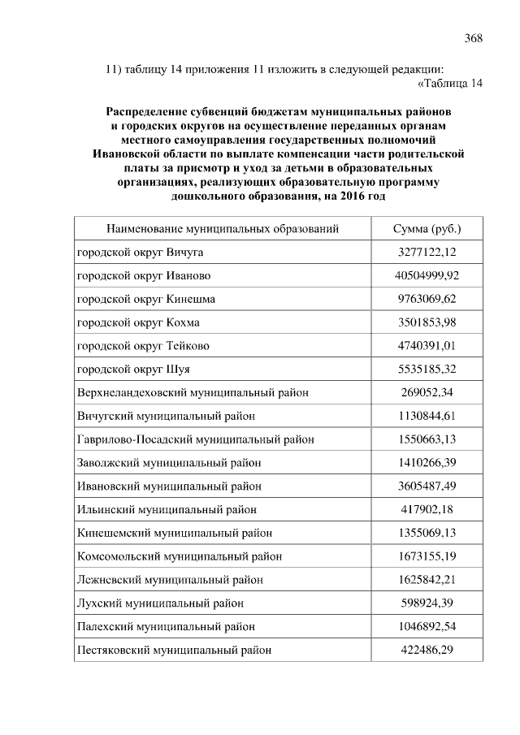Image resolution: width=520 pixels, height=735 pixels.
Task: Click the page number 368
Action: [474, 37]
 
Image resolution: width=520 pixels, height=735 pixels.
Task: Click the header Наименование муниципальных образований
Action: [222, 229]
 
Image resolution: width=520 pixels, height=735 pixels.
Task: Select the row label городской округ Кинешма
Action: [145, 300]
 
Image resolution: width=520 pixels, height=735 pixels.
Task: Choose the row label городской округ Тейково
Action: [143, 346]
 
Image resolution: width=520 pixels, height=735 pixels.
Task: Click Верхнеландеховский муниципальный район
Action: [193, 393]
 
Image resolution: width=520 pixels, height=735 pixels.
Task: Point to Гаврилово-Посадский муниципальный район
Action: [195, 439]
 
